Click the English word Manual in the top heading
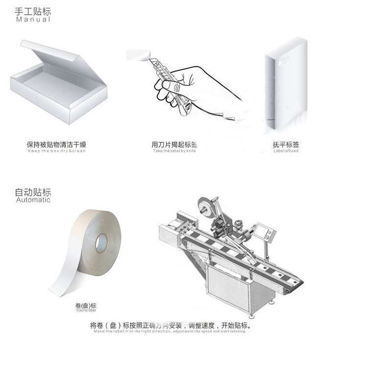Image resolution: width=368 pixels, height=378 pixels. coord(33,20)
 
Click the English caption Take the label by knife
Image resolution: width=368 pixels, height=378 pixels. coord(174,151)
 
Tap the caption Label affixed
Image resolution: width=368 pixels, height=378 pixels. coord(286,151)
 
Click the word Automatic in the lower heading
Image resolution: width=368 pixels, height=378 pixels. coord(33,200)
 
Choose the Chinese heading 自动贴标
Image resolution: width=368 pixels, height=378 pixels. coord(33,192)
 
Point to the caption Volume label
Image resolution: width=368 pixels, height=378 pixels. coord(86,311)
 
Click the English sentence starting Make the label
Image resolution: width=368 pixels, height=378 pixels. coord(170,331)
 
